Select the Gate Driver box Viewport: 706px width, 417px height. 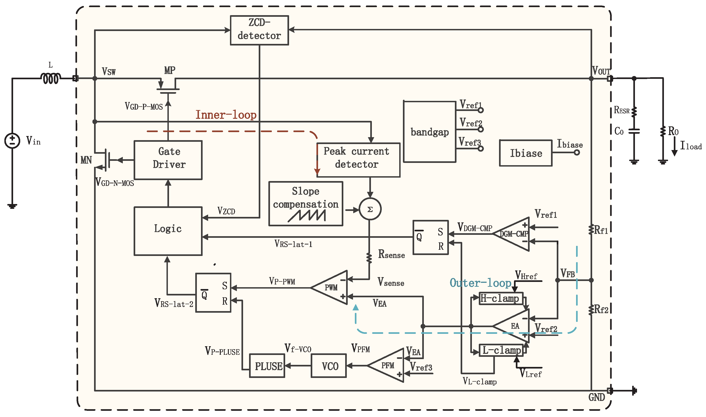168,160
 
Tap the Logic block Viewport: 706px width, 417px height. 168,231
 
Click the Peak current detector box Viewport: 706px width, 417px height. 358,160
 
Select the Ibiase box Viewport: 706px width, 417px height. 525,153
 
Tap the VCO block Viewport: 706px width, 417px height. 329,366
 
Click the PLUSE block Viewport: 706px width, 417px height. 267,366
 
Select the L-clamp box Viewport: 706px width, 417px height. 501,350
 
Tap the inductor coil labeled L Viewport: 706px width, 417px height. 51,78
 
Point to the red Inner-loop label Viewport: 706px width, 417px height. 226,115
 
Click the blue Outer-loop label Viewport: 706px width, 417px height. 480,283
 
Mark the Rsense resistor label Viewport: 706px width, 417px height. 391,254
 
